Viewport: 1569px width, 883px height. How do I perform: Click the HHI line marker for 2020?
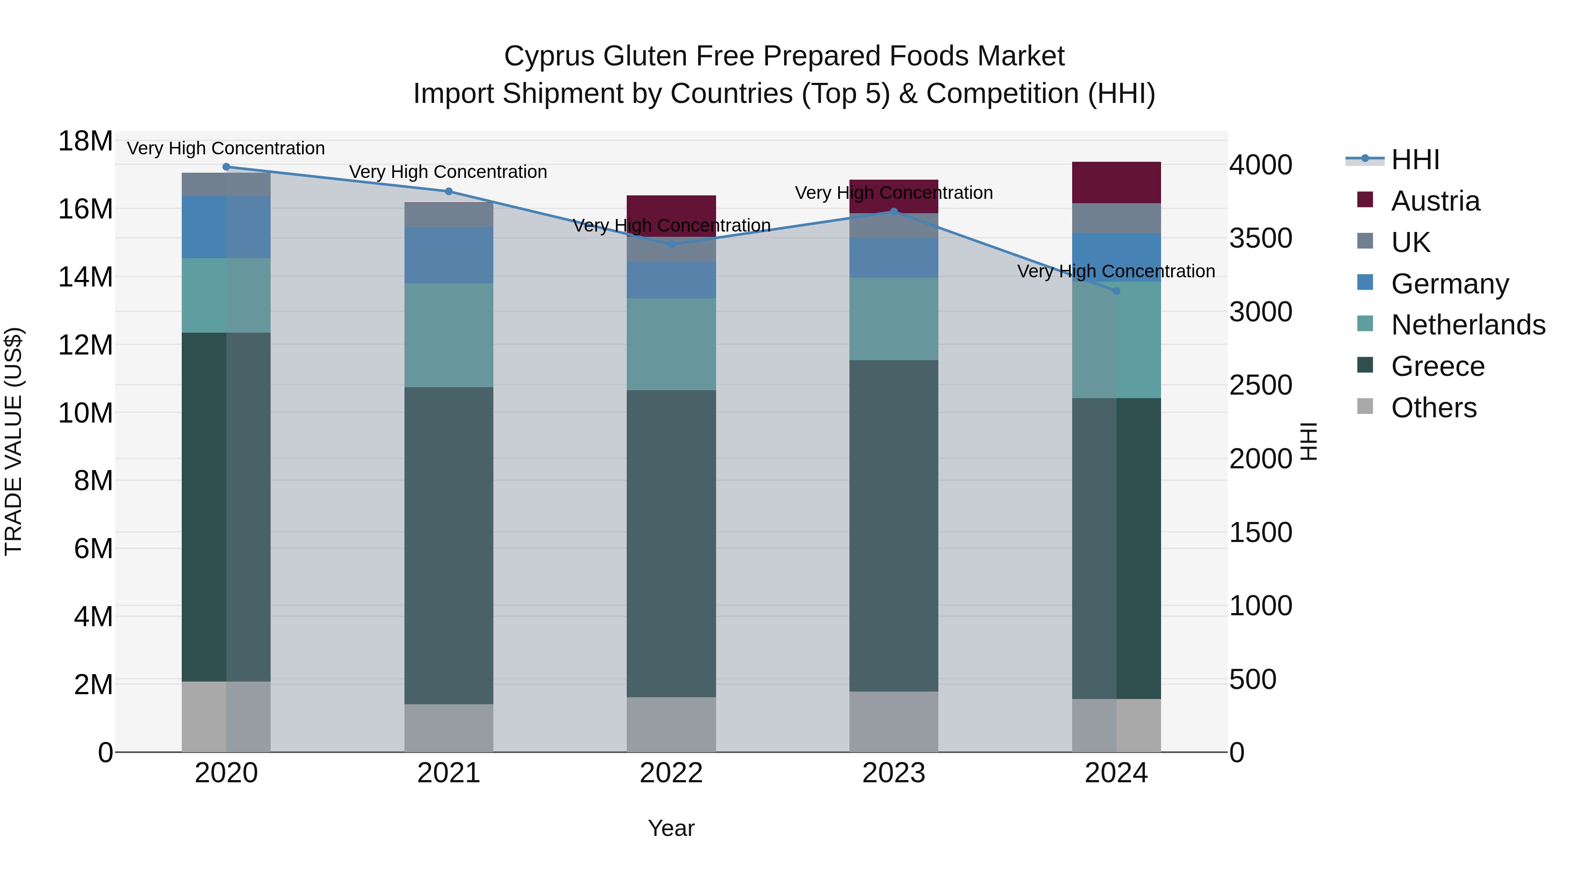tap(226, 167)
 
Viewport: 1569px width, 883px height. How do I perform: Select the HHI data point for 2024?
tap(1117, 291)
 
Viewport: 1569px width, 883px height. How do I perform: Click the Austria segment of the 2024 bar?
tap(1117, 183)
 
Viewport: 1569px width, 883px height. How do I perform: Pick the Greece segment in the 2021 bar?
tap(449, 545)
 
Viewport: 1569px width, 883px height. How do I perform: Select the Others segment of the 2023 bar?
tap(893, 722)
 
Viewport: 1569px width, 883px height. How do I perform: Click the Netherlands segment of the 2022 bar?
tap(671, 344)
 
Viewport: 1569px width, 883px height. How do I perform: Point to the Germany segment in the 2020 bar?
tap(226, 227)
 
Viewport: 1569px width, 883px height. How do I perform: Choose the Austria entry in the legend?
tap(1435, 201)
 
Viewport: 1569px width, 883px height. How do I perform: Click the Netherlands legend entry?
tap(1468, 325)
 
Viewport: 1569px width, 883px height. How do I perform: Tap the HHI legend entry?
tap(1414, 160)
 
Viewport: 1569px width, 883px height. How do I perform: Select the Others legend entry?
tap(1433, 408)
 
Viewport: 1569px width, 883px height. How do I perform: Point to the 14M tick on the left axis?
tap(85, 277)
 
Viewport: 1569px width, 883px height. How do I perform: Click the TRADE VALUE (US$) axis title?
tap(14, 441)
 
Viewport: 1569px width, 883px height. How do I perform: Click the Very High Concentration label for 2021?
tap(448, 172)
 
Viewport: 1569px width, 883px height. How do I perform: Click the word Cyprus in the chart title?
tap(550, 57)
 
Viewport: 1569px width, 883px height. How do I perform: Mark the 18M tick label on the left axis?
tap(85, 141)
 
